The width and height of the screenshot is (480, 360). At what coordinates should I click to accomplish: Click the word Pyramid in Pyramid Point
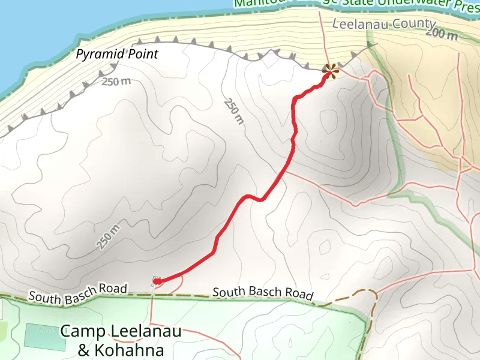pyautogui.click(x=96, y=55)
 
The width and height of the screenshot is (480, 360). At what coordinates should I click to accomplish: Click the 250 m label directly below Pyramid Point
pyautogui.click(x=115, y=81)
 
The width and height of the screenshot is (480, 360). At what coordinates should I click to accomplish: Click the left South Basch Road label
pyautogui.click(x=78, y=293)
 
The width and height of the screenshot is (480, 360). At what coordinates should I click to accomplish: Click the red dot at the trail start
pyautogui.click(x=157, y=280)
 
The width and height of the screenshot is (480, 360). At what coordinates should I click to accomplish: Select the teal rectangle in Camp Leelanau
pyautogui.click(x=45, y=337)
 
